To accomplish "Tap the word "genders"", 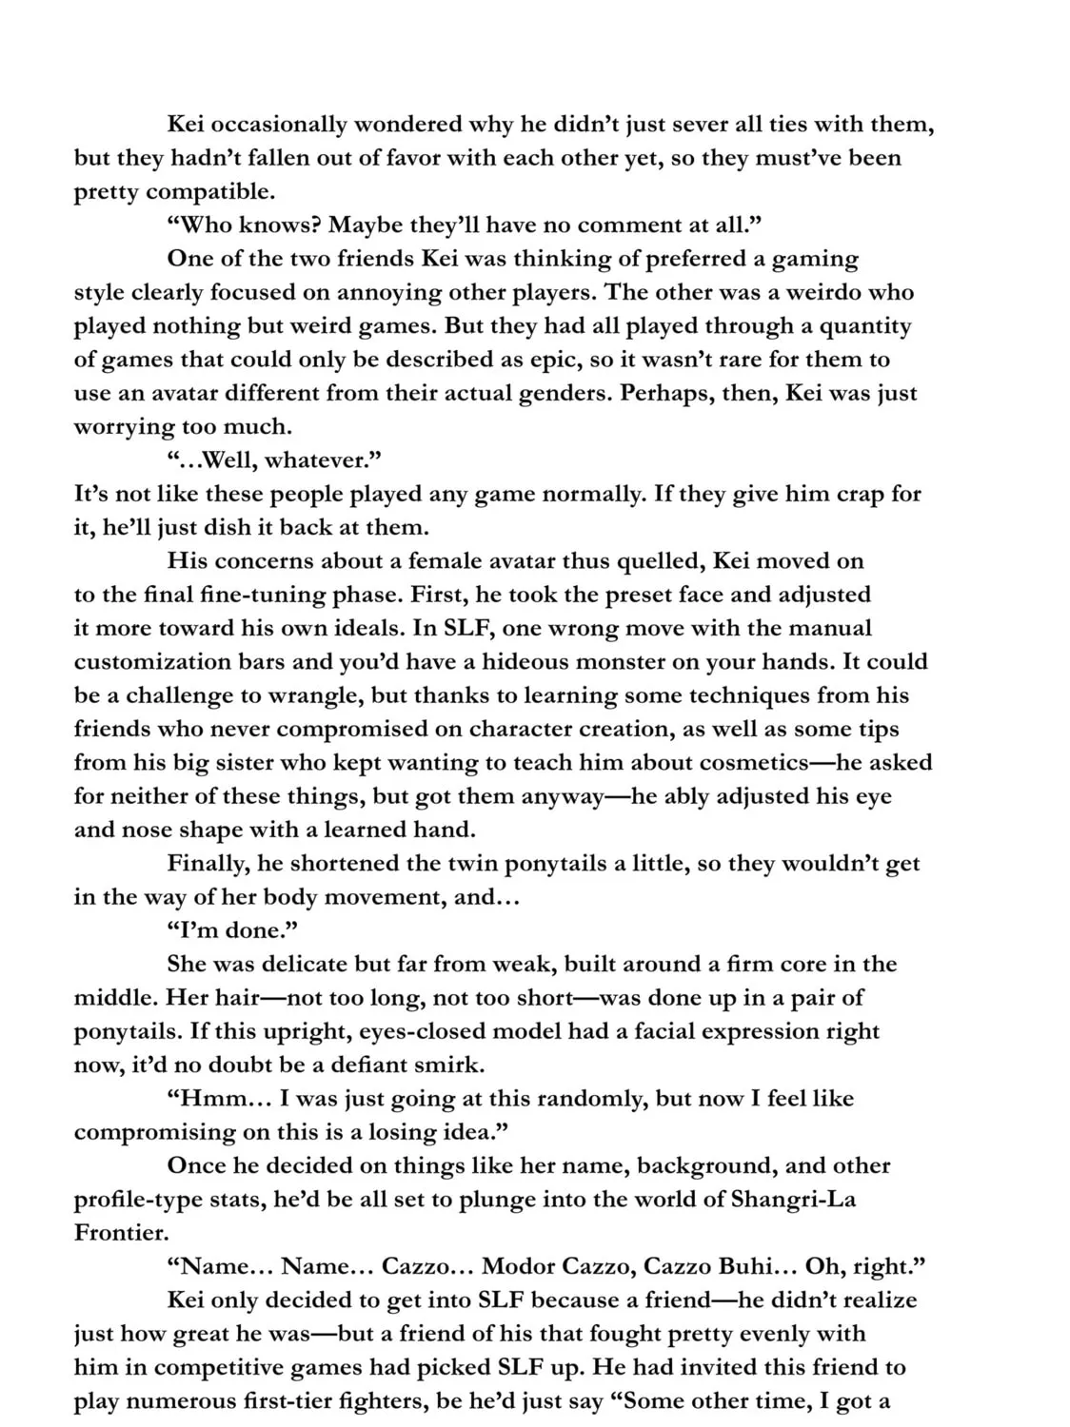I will pyautogui.click(x=562, y=393).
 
